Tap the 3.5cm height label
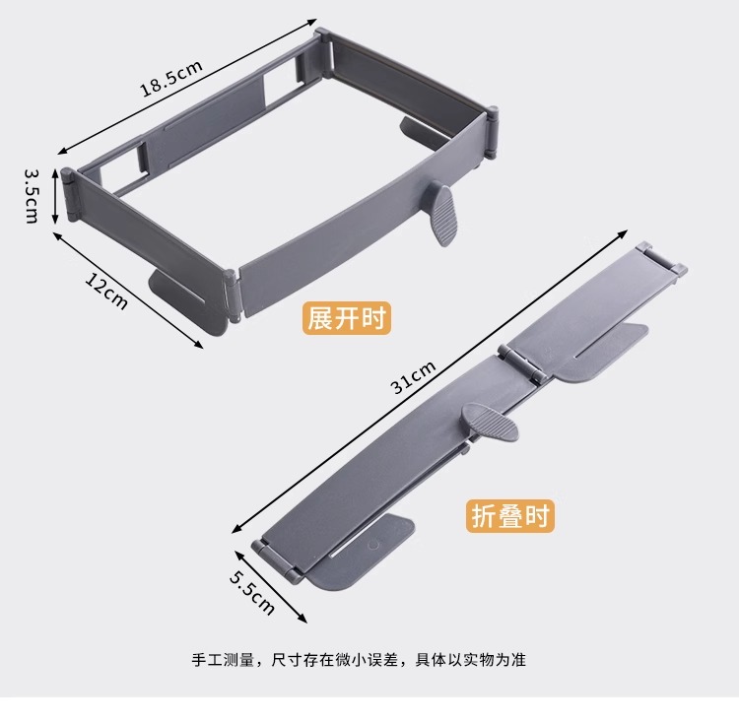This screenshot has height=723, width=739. (x=33, y=196)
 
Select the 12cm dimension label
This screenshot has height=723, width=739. (x=106, y=291)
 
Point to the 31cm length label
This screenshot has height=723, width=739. (x=413, y=377)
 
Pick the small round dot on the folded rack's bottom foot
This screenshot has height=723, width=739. (x=373, y=543)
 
